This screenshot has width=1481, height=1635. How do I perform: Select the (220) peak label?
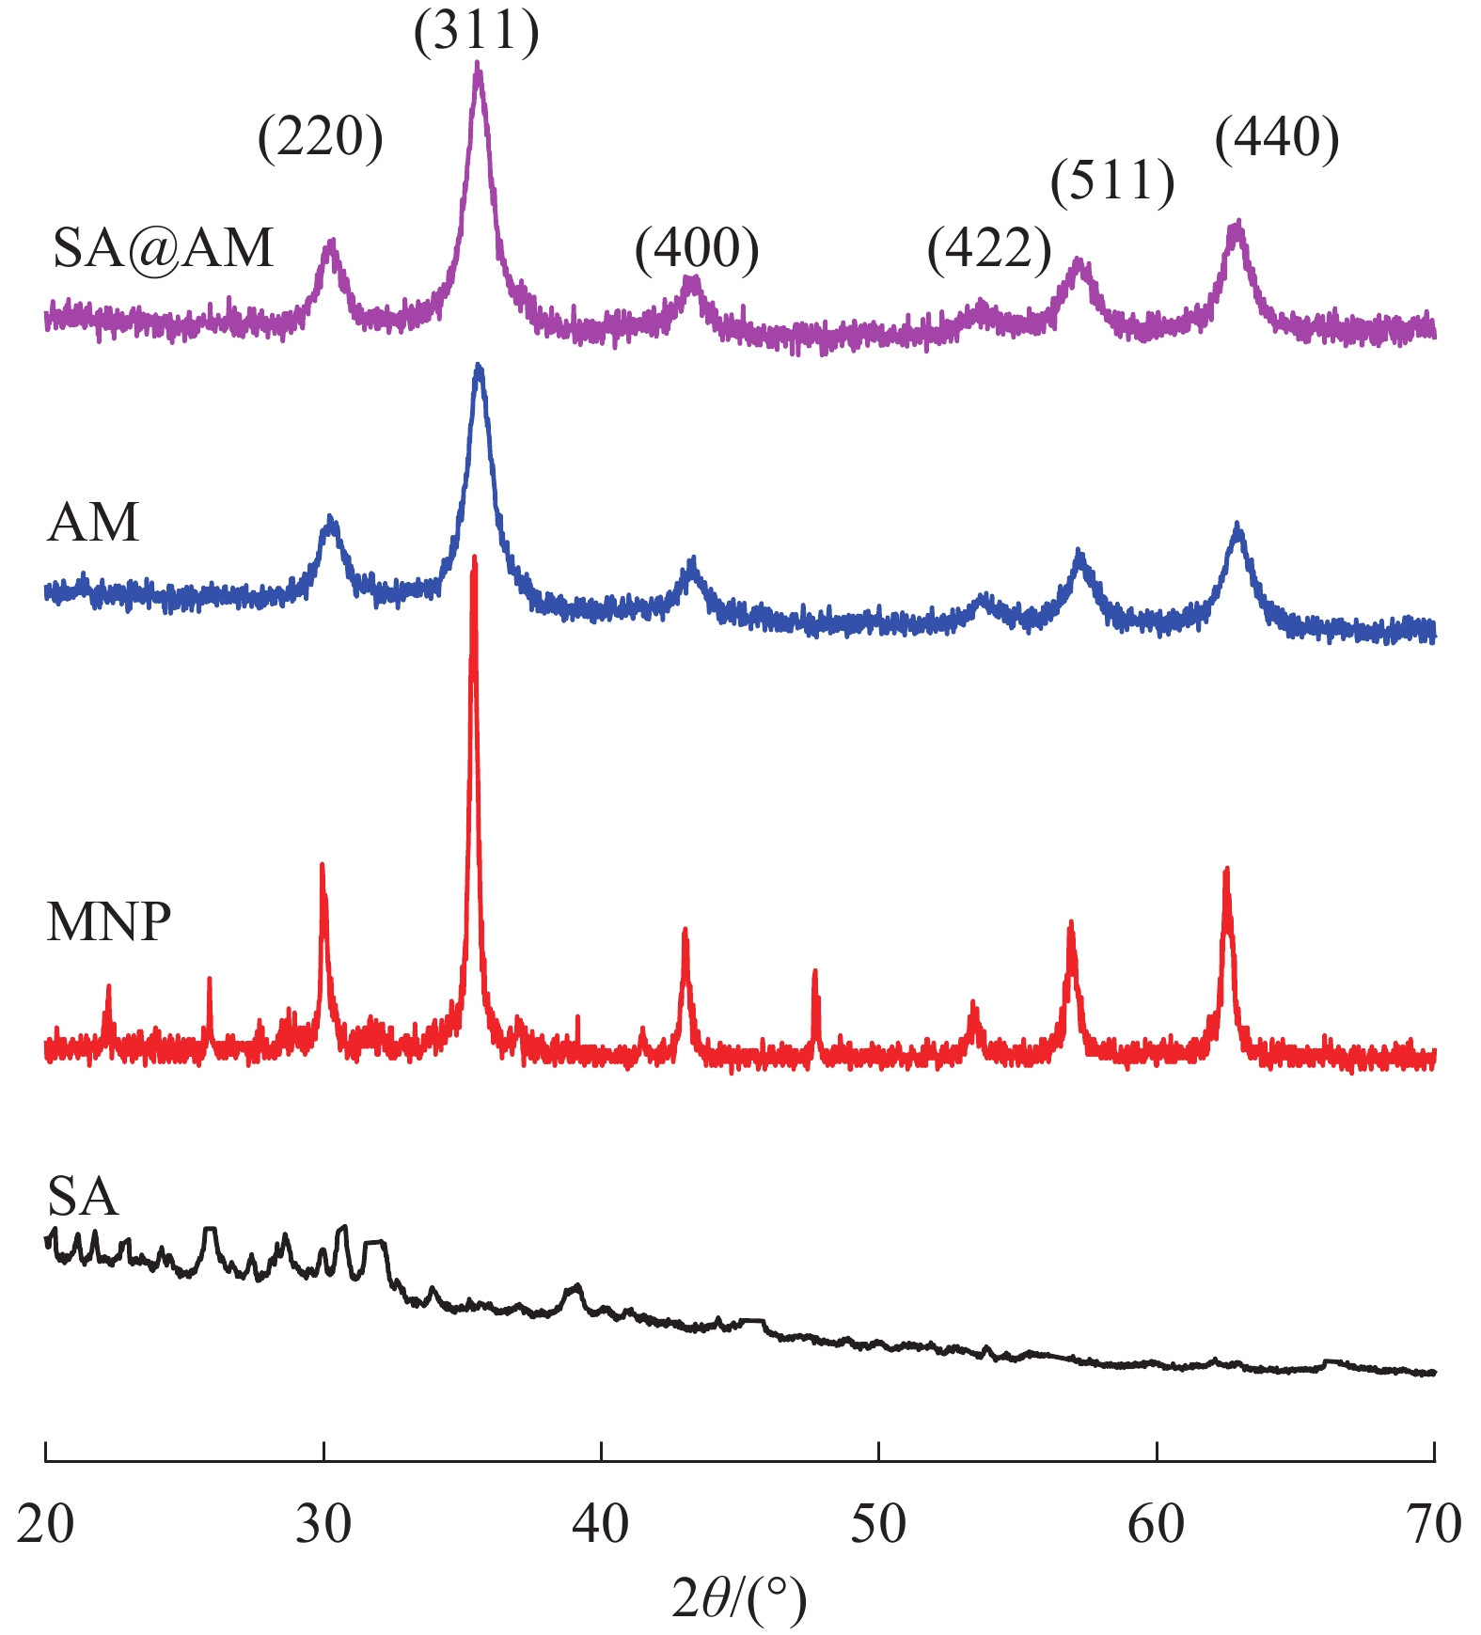[x=321, y=138]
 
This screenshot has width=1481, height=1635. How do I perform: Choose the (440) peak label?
[x=1277, y=138]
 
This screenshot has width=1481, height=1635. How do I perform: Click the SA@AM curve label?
[x=163, y=249]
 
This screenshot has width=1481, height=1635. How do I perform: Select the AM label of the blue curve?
[x=92, y=523]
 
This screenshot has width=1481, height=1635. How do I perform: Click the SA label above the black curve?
[x=83, y=1197]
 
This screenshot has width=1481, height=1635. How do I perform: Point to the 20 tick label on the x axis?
[x=45, y=1523]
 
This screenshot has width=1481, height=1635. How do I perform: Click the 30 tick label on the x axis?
[x=323, y=1523]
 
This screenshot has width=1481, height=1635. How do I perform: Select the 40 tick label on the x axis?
[x=601, y=1523]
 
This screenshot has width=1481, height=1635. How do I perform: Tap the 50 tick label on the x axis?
[x=878, y=1523]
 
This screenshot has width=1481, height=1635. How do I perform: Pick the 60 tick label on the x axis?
[x=1156, y=1523]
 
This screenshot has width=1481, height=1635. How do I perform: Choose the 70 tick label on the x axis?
[x=1434, y=1523]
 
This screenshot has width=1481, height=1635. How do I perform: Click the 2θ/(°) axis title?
[x=739, y=1598]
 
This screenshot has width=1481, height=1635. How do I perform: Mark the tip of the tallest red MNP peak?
[x=474, y=558]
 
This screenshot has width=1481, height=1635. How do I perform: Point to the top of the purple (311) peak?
[x=478, y=64]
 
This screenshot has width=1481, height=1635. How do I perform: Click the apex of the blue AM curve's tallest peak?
[x=479, y=365]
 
